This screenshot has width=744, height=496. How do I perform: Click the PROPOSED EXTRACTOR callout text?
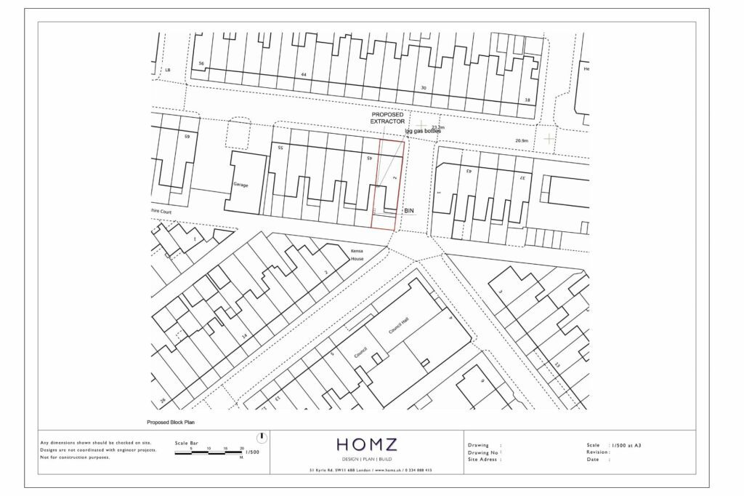pyautogui.click(x=387, y=119)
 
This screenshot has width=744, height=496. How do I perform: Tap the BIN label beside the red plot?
pyautogui.click(x=408, y=210)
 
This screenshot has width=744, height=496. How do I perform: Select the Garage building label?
pyautogui.click(x=240, y=185)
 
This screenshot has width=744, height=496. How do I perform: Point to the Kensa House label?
pyautogui.click(x=357, y=255)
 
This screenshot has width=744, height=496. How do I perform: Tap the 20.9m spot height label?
pyautogui.click(x=521, y=140)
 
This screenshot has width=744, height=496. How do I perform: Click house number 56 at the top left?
pyautogui.click(x=201, y=63)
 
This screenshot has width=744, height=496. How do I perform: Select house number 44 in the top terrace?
pyautogui.click(x=304, y=75)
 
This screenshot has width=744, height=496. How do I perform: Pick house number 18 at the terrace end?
pyautogui.click(x=527, y=100)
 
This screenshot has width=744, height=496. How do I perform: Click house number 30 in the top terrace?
pyautogui.click(x=424, y=87)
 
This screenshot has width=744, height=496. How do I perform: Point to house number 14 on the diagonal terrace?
pyautogui.click(x=245, y=335)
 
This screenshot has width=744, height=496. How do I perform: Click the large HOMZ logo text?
pyautogui.click(x=366, y=444)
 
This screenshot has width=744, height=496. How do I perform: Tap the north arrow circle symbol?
pyautogui.click(x=262, y=438)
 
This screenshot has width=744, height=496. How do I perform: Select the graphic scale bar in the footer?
pyautogui.click(x=209, y=452)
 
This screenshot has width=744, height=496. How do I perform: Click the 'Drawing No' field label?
pyautogui.click(x=484, y=452)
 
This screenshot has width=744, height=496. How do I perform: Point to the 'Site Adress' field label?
pyautogui.click(x=484, y=460)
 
